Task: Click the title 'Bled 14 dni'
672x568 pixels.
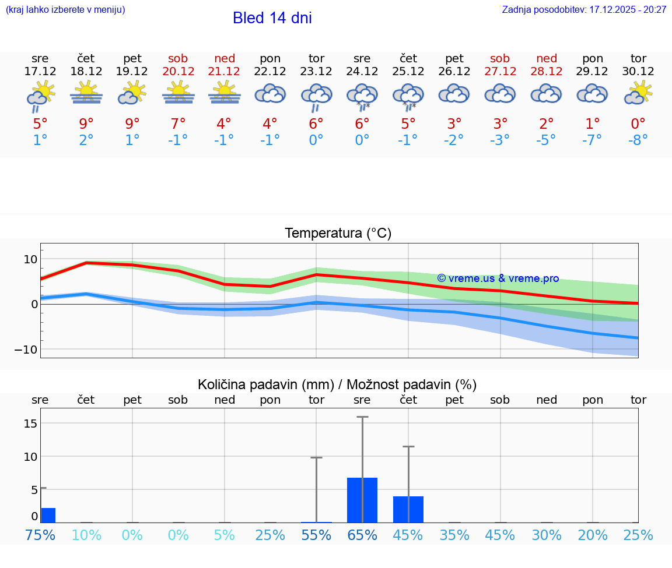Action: coord(272,18)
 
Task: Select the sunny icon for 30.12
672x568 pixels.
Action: coord(638,93)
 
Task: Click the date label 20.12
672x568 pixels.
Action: coord(178,71)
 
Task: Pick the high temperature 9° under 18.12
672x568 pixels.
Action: coord(86,124)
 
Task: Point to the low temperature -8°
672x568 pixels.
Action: coord(638,140)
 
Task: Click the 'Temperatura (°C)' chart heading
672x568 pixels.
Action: coord(338,233)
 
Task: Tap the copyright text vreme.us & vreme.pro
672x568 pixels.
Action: coord(498,278)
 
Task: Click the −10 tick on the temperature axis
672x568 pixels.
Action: coord(26,349)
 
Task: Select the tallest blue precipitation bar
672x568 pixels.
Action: coord(362,500)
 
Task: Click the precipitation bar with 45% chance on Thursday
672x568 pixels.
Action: coord(408,509)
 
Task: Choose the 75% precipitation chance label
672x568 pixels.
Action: coord(40,535)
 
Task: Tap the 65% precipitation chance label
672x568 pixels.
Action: coord(362,535)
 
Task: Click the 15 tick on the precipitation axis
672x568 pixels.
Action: coord(30,423)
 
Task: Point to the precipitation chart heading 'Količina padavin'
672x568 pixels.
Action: coord(337,384)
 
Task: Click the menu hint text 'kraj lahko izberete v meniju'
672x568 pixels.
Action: coord(65,10)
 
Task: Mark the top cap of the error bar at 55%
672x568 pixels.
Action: coord(316,457)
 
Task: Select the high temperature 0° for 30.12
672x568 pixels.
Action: coord(638,124)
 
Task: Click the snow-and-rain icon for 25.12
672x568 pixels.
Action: coord(408,96)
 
